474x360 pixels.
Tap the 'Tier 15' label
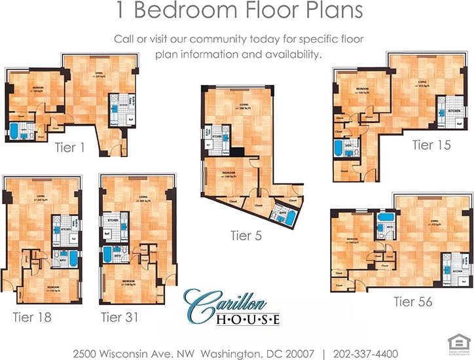(x=431, y=145)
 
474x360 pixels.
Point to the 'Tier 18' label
(x=32, y=317)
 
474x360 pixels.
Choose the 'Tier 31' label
(x=120, y=317)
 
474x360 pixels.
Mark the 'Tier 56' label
(x=413, y=302)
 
